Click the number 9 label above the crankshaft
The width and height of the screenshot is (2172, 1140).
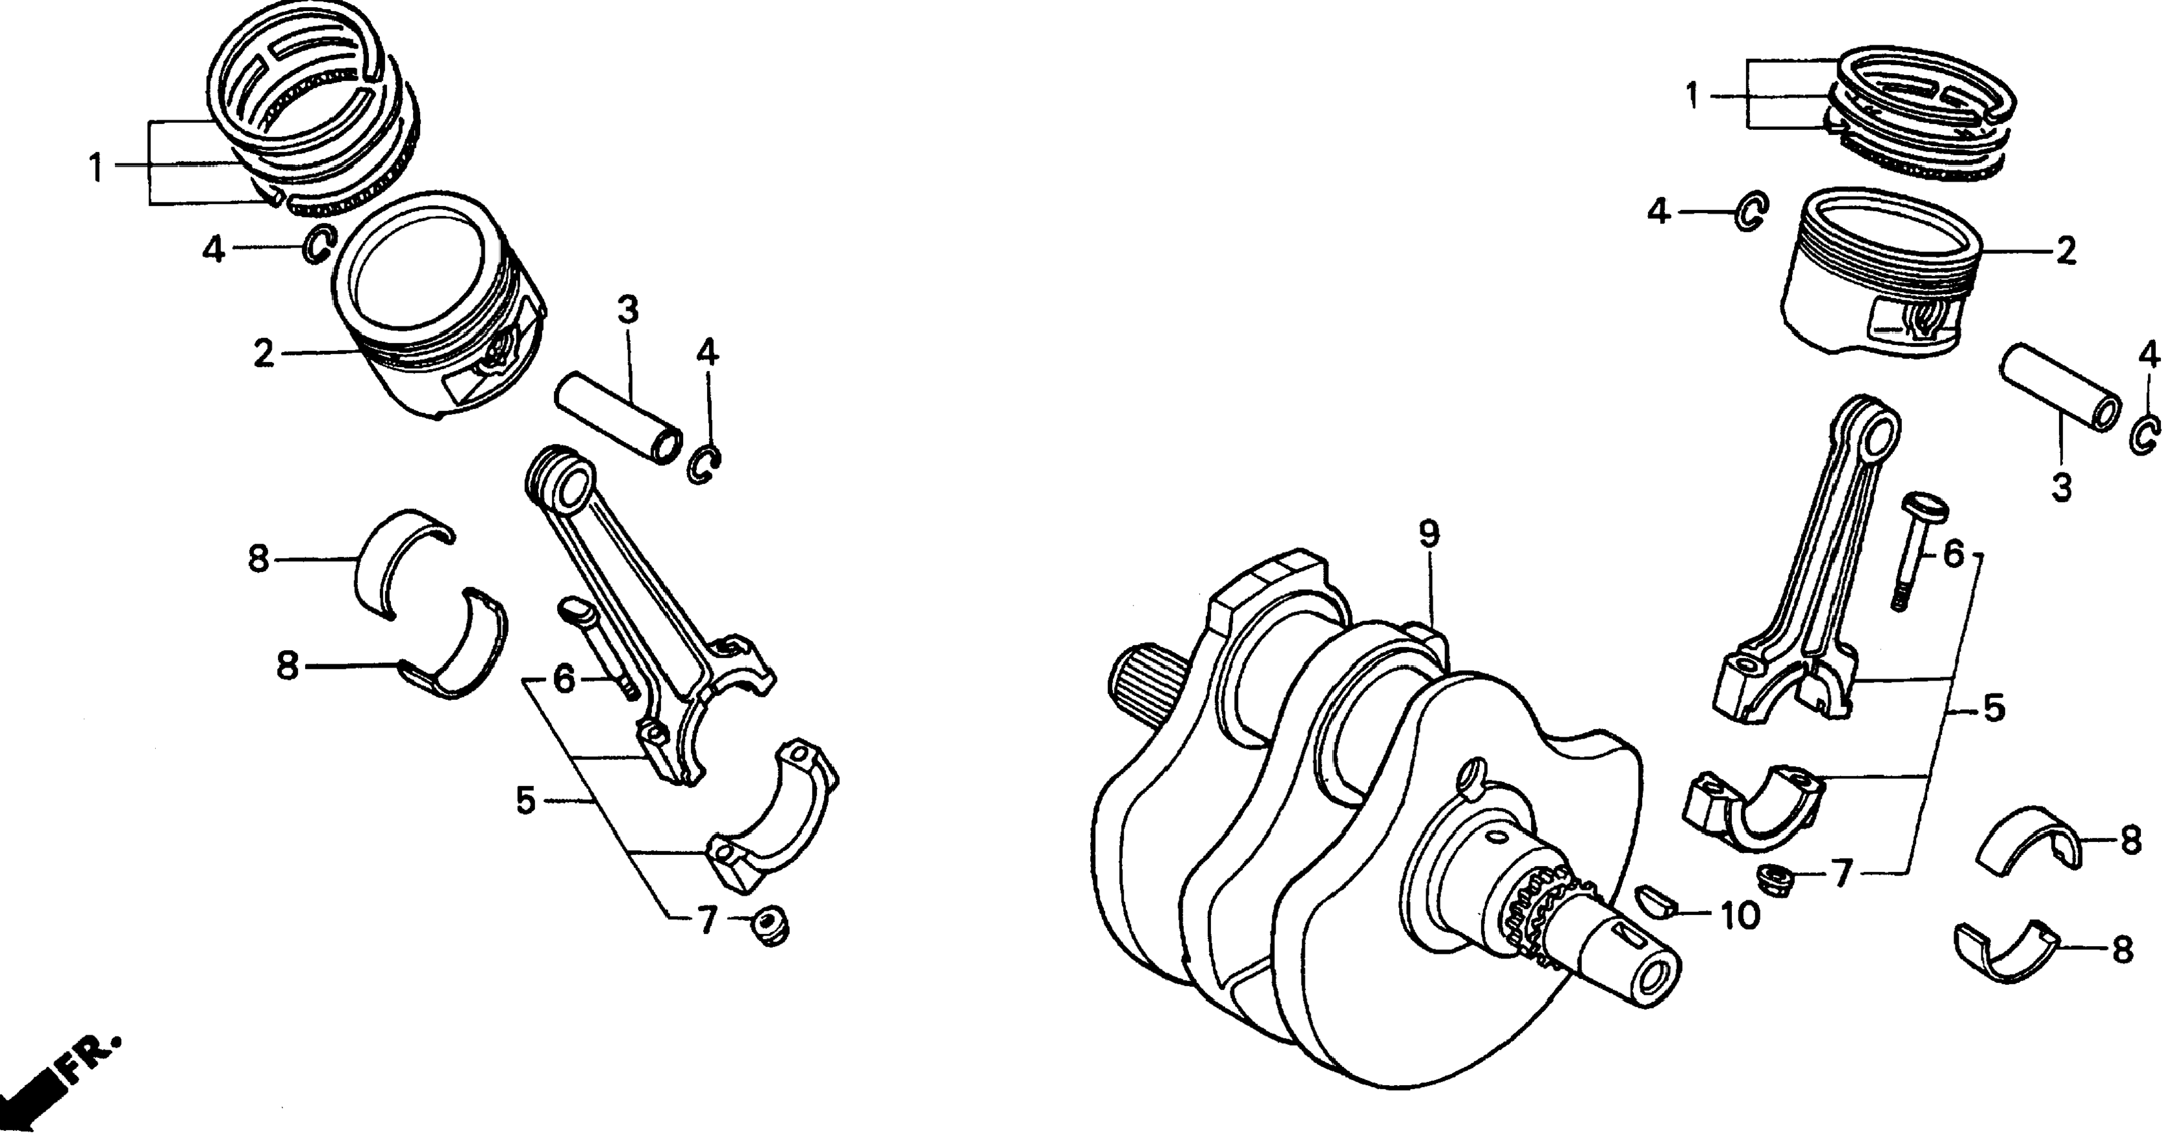pyautogui.click(x=1428, y=534)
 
